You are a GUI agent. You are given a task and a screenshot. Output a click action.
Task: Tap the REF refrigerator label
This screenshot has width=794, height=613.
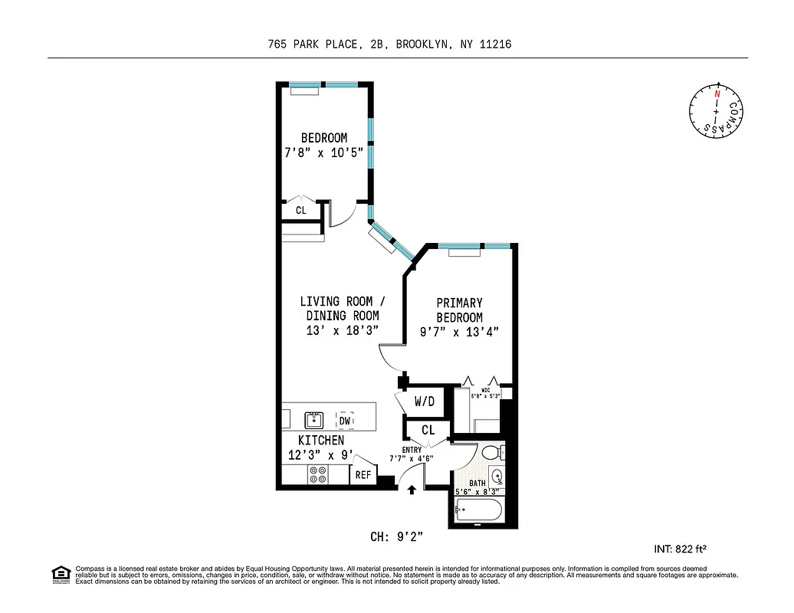tap(363, 475)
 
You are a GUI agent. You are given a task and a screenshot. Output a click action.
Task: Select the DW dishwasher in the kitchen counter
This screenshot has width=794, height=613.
tap(345, 420)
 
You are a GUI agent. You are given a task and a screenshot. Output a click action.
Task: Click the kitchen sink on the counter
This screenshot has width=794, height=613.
tap(313, 419)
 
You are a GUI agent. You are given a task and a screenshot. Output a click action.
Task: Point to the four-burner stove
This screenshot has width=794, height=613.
tap(317, 475)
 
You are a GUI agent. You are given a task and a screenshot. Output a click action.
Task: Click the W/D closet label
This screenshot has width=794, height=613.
tap(425, 402)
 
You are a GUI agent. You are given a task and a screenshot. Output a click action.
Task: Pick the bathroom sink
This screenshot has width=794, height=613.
tap(496, 476)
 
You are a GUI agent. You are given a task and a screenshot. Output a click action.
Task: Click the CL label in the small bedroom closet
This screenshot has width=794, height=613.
tap(300, 210)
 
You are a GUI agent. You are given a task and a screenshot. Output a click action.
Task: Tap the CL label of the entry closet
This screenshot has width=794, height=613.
tap(428, 431)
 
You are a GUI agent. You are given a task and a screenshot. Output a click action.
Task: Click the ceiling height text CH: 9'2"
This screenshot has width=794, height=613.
tap(396, 537)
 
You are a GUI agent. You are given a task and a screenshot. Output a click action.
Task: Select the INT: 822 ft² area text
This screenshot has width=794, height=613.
tap(679, 549)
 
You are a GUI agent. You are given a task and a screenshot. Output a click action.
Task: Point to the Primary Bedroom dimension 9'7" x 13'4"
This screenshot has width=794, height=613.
tap(459, 332)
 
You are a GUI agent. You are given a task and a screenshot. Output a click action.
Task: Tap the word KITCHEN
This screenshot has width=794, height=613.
tap(320, 441)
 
